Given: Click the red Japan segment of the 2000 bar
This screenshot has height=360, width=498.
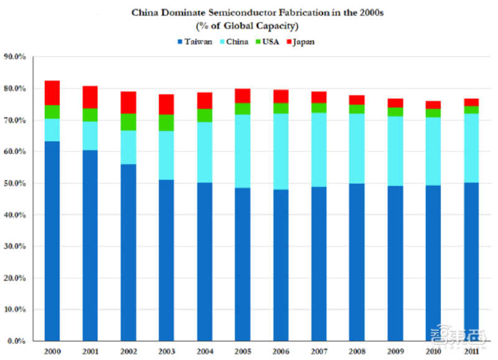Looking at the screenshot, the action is coord(52,93).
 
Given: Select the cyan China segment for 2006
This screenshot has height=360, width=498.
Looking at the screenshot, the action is coord(281,151).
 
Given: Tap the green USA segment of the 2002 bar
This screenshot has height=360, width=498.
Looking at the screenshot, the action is coord(128,122).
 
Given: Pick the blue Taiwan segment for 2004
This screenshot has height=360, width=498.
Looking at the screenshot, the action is coord(205,262).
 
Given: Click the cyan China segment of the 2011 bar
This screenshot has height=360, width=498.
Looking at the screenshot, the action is coord(471,148).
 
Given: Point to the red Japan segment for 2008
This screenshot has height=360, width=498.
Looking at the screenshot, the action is coord(357,100).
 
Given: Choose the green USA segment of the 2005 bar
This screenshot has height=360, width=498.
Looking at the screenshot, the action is coord(243,108).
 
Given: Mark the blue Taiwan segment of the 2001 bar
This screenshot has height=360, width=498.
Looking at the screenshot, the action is coord(90,245).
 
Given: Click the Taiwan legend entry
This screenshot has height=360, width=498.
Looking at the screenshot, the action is coord(195,42).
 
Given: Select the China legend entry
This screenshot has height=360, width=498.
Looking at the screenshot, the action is coord(234,42).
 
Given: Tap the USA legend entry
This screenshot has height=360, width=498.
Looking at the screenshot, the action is coord(268,42).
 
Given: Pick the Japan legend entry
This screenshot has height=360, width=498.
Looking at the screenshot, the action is coord(301,42).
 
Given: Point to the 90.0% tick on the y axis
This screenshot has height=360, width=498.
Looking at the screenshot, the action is coord(14,57).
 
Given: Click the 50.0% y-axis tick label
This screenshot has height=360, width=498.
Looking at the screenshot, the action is coord(14,183).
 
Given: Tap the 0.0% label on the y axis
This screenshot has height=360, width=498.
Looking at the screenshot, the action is coord(17,341).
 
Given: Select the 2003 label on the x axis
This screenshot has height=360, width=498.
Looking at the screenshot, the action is coord(167,351).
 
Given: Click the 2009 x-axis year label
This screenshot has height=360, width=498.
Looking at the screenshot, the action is coord(395,351).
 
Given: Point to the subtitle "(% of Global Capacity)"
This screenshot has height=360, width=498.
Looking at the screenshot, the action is coord(247,26).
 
